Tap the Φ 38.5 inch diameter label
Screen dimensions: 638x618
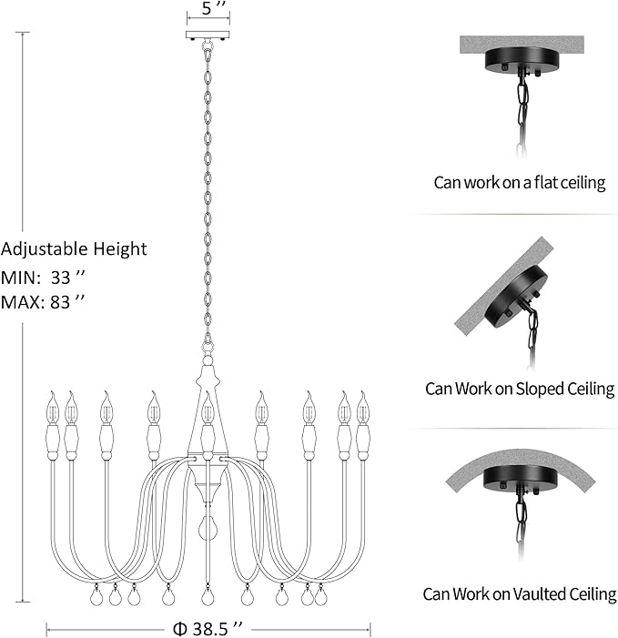click(208, 628)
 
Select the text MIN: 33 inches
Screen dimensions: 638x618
click(44, 278)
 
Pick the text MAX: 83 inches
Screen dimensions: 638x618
click(45, 302)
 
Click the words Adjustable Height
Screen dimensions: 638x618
click(74, 249)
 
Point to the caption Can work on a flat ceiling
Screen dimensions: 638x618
click(520, 183)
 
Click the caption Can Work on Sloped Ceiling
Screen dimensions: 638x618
click(520, 389)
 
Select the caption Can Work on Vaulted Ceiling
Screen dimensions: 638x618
click(520, 594)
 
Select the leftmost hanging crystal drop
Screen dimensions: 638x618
click(96, 598)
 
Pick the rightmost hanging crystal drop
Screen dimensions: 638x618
click(319, 598)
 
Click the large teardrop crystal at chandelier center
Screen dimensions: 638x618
click(208, 529)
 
